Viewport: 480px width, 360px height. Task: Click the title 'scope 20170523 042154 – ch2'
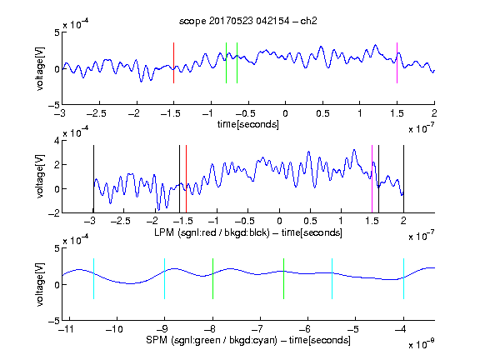[x=248, y=21]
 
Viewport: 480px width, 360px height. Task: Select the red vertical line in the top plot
[x=174, y=62]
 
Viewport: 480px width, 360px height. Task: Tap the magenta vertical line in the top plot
[x=397, y=62]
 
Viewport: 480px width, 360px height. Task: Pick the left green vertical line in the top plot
[x=226, y=62]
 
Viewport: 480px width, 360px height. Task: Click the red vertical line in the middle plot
[x=186, y=179]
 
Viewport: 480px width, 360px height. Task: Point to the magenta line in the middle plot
[x=372, y=179]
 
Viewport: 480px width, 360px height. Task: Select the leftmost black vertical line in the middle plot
[x=93, y=179]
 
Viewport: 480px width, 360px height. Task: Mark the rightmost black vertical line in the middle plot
[x=403, y=179]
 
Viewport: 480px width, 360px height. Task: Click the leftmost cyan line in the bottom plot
[x=93, y=278]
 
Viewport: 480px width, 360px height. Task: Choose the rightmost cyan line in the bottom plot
[x=403, y=278]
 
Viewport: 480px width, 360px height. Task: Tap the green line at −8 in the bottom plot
[x=212, y=278]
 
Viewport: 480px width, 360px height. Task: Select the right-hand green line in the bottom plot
[x=284, y=278]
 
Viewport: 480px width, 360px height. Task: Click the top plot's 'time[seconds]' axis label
[x=248, y=124]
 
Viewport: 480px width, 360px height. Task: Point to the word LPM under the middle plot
[x=164, y=232]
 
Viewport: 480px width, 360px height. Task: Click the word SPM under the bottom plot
[x=157, y=340]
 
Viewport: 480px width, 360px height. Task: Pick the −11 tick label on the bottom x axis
[x=66, y=329]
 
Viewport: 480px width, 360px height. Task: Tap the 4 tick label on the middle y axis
[x=57, y=141]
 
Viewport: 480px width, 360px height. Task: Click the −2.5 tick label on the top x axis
[x=96, y=113]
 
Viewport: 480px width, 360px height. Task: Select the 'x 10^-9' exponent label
[x=422, y=344]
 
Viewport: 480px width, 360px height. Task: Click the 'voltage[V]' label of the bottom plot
[x=40, y=284]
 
